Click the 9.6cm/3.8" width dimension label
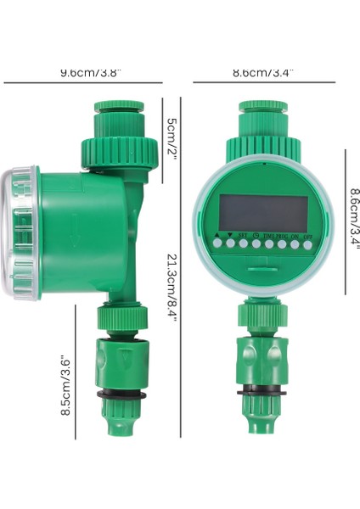[83, 73]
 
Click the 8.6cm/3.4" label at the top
[263, 73]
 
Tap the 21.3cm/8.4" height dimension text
[172, 285]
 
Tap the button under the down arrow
[229, 244]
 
